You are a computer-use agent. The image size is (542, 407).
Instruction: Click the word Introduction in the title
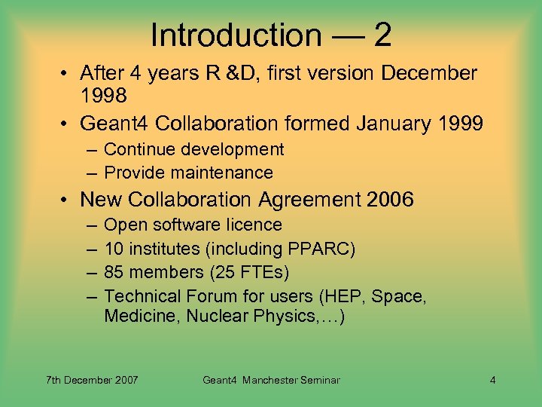pyautogui.click(x=236, y=35)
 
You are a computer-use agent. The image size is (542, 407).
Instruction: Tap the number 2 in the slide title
pyautogui.click(x=382, y=35)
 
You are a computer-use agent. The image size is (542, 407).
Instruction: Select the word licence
pyautogui.click(x=255, y=225)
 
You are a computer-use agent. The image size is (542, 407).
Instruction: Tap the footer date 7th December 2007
pyautogui.click(x=93, y=380)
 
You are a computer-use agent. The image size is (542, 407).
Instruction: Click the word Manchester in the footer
pyautogui.click(x=271, y=380)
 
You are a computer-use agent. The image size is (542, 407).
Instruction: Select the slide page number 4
pyautogui.click(x=492, y=380)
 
